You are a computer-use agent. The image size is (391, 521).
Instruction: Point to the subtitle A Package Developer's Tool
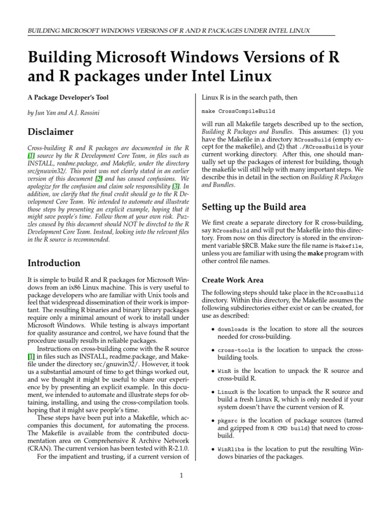[x=68, y=97]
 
